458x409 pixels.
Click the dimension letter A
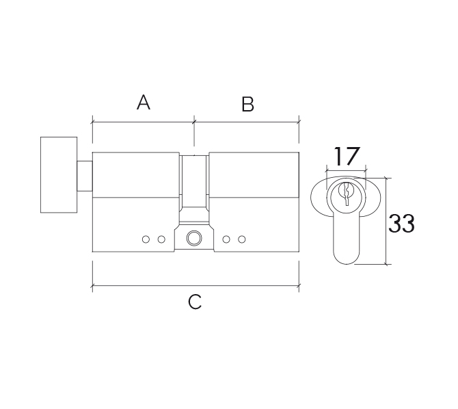(x=144, y=103)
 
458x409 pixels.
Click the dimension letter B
(x=247, y=104)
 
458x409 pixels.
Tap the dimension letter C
(x=195, y=302)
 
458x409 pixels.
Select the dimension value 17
(x=346, y=156)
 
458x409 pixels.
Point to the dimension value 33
(x=401, y=224)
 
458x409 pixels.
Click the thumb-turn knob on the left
(x=59, y=175)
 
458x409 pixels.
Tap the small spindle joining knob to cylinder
(x=85, y=176)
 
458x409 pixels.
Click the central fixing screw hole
(x=194, y=238)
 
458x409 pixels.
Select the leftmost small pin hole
(x=146, y=239)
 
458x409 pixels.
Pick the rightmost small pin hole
(x=241, y=239)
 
